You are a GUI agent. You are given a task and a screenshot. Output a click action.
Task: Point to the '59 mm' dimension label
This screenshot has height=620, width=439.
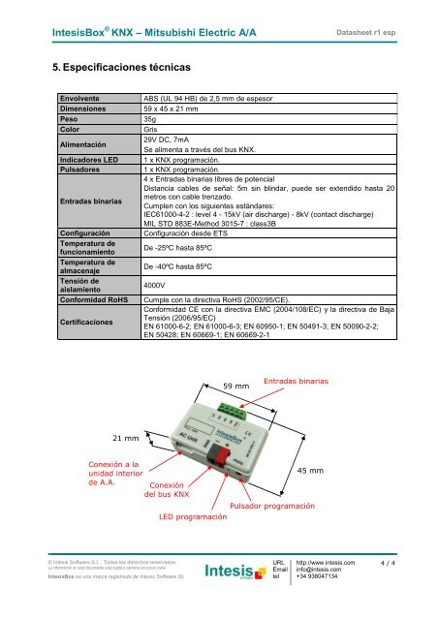point(236,386)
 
